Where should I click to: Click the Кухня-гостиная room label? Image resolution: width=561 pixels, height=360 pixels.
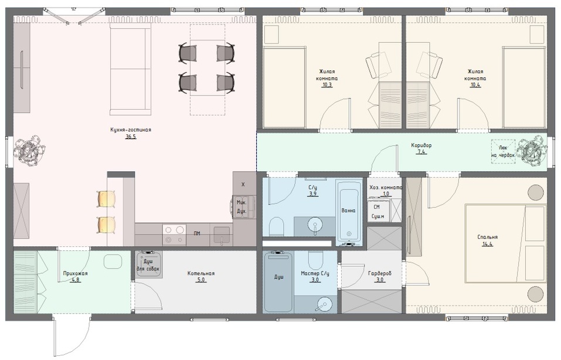tap(131, 130)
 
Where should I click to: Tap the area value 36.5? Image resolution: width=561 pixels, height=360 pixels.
tap(131, 137)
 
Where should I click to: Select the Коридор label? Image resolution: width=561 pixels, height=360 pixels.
tap(421, 145)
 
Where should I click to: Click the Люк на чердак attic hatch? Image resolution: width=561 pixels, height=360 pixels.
tap(503, 151)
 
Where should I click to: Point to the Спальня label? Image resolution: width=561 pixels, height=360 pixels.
tap(487, 237)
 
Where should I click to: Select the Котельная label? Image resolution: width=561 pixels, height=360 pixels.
tap(201, 273)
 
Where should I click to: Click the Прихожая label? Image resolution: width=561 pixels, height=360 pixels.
tap(75, 273)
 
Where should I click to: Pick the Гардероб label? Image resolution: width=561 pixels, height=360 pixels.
tap(380, 273)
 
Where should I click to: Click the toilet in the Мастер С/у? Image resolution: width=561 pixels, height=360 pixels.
tap(315, 260)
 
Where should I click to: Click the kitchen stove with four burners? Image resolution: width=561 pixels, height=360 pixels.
tap(174, 235)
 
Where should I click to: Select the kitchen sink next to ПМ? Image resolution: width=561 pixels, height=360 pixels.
tap(222, 235)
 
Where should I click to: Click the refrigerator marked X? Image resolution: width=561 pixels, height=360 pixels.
tap(243, 184)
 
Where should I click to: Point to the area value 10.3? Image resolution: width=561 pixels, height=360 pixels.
tap(327, 85)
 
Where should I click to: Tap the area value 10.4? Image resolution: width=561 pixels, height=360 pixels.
tap(475, 85)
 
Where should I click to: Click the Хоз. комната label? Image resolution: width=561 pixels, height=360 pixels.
tap(386, 187)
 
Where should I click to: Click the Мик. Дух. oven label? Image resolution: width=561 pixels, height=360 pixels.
tap(242, 207)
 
